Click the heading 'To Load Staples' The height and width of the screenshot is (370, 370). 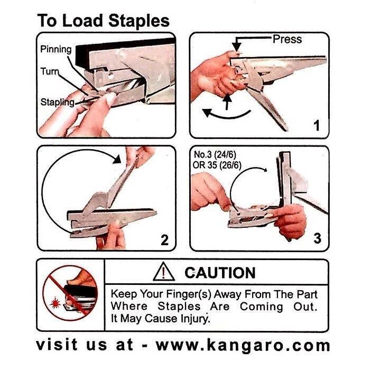[x=103, y=21]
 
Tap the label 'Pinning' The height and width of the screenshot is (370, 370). [x=56, y=50]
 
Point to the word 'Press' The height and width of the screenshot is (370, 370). [x=287, y=39]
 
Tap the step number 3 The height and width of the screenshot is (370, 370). [x=317, y=238]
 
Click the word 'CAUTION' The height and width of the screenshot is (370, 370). [x=219, y=273]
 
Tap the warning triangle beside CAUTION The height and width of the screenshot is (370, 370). [x=163, y=272]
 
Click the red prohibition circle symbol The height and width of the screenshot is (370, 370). [x=68, y=292]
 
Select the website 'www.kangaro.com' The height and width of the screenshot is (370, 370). [x=243, y=346]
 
